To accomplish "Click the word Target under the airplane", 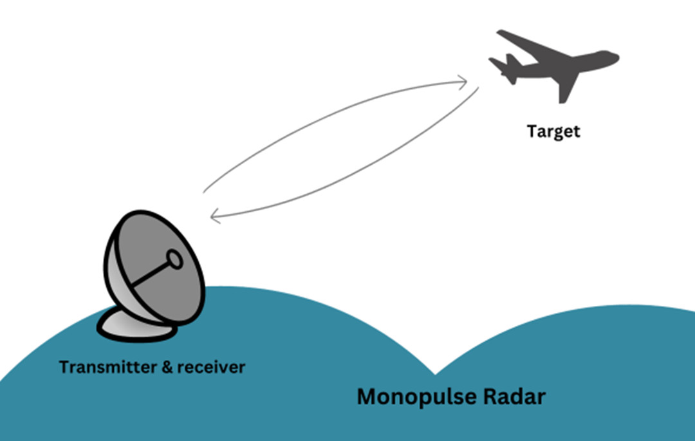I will coord(553,131).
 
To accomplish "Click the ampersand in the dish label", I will coord(158,368).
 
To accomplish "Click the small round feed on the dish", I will coord(174,259).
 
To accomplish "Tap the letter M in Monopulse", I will coord(367,397).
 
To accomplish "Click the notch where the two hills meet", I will coord(435,373).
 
